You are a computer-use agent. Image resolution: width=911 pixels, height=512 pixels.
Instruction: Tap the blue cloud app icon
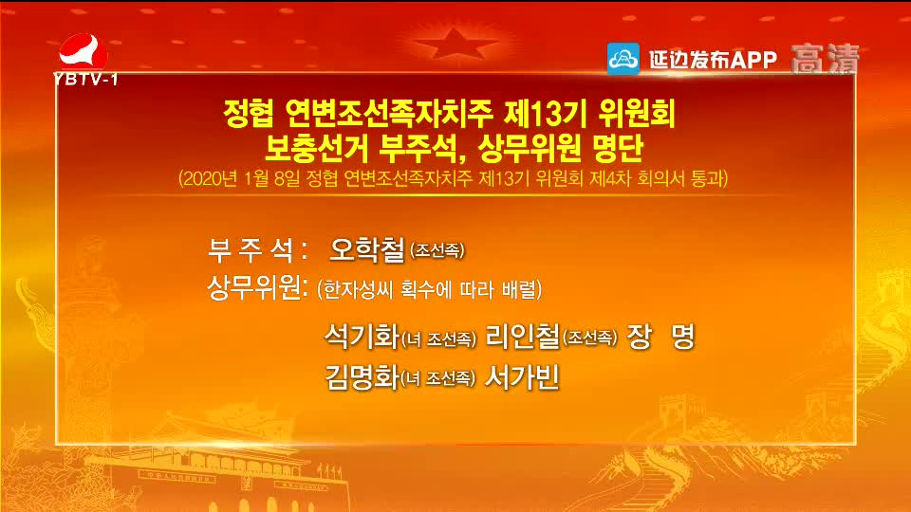pyautogui.click(x=623, y=59)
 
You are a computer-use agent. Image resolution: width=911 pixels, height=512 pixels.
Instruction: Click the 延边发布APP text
pyautogui.click(x=713, y=59)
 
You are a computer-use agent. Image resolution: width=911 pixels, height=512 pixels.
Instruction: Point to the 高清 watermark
pyautogui.click(x=825, y=59)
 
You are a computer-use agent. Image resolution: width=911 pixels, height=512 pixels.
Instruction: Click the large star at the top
pyautogui.click(x=455, y=45)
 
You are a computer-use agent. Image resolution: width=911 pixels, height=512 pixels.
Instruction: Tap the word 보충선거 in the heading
pyautogui.click(x=317, y=148)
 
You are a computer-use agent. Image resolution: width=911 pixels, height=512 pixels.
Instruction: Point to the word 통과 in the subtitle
pyautogui.click(x=708, y=178)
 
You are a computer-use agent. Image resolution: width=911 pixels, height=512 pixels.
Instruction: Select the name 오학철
pyautogui.click(x=366, y=249)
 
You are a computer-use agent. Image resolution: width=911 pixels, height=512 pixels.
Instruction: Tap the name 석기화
pyautogui.click(x=362, y=337)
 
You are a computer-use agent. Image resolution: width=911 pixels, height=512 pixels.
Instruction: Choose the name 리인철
pyautogui.click(x=522, y=337)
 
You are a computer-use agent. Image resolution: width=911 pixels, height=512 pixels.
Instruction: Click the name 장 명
pyautogui.click(x=660, y=337)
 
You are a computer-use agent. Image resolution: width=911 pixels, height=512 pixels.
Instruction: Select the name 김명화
pyautogui.click(x=362, y=376)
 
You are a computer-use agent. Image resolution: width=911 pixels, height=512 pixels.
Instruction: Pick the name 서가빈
pyautogui.click(x=522, y=376)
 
